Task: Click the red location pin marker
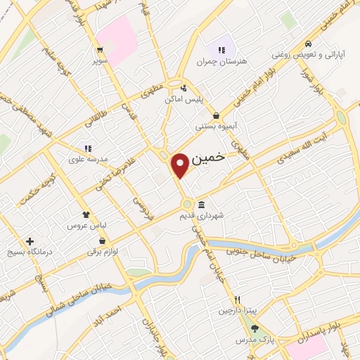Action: coord(181,165)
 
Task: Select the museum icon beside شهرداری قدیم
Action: coord(202,205)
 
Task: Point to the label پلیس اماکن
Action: coord(184,100)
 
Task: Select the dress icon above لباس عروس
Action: coord(86,214)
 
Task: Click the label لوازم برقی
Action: coord(103,252)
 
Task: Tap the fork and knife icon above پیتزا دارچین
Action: coord(237,298)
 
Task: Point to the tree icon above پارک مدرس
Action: coord(255,328)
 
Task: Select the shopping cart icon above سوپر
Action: coord(100,49)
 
